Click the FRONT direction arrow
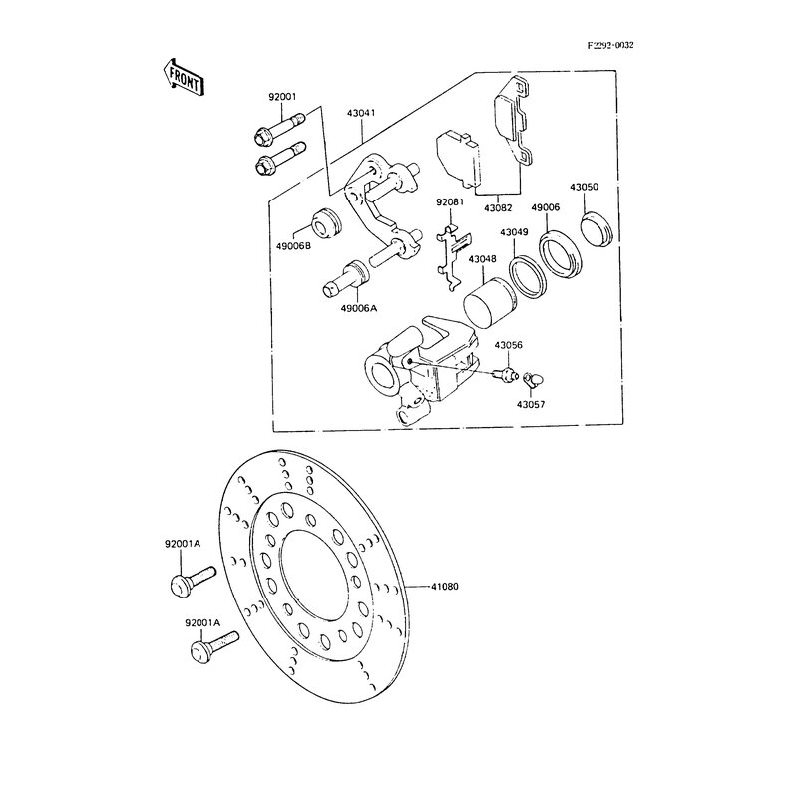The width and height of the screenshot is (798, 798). click(183, 77)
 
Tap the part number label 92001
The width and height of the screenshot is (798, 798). click(282, 97)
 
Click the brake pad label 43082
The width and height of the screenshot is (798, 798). click(497, 207)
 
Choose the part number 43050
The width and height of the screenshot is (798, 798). click(584, 187)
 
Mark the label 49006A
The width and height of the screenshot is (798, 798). click(358, 309)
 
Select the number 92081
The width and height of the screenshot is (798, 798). click(450, 202)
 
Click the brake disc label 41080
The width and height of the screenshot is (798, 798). click(445, 586)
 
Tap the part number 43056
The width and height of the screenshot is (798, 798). click(510, 345)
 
